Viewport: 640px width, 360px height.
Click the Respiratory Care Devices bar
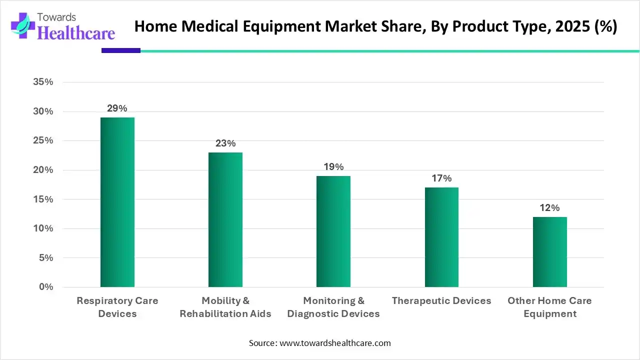[117, 202]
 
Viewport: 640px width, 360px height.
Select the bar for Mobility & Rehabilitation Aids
[225, 219]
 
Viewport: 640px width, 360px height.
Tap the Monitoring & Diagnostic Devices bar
[333, 231]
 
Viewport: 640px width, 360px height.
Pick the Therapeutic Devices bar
[441, 237]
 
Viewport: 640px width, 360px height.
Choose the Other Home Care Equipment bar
[549, 251]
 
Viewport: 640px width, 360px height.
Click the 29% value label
[117, 108]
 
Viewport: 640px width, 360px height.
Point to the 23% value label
[225, 143]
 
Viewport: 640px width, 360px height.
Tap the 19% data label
[333, 167]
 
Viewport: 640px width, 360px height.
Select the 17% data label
[441, 178]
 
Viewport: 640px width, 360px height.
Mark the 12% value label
[549, 208]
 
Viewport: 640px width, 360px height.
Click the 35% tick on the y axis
[43, 82]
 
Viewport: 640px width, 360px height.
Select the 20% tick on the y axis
[43, 170]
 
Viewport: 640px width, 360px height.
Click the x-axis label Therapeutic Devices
[441, 300]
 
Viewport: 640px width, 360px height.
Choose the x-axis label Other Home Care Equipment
[549, 307]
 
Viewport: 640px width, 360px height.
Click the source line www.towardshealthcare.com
[320, 343]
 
